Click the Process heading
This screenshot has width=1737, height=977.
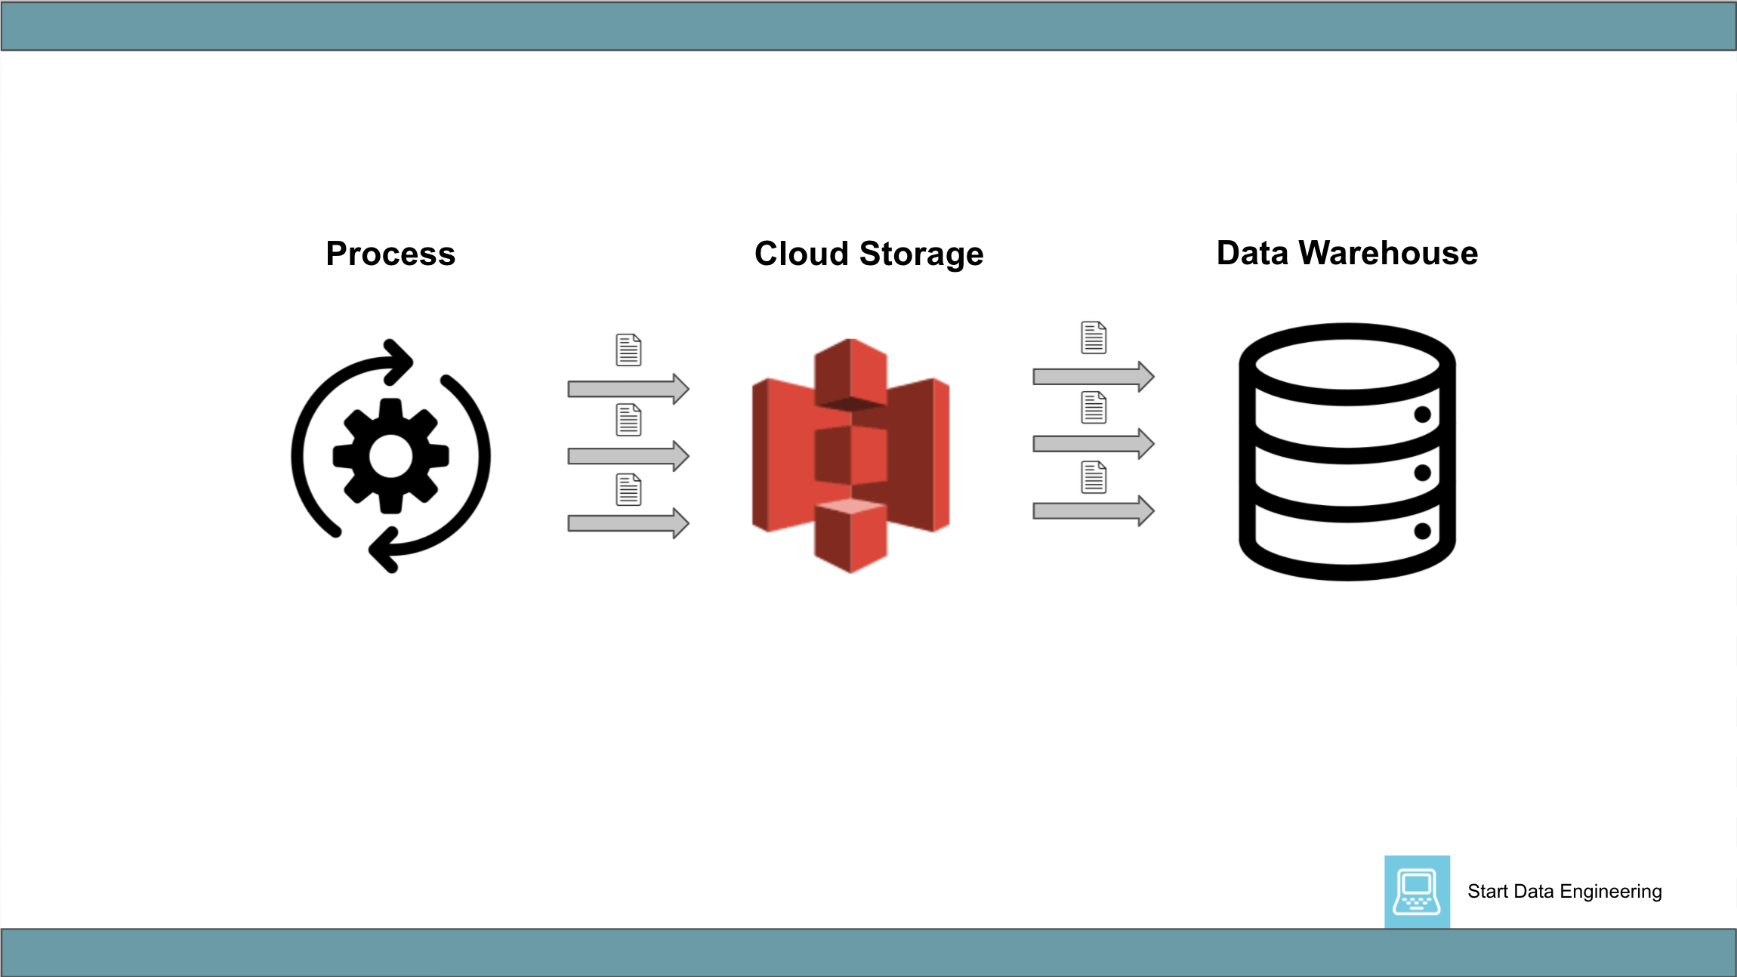pyautogui.click(x=390, y=254)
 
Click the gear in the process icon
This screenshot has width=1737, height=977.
pyautogui.click(x=390, y=456)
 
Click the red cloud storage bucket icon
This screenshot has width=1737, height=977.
pyautogui.click(x=850, y=455)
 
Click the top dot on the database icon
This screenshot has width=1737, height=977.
pyautogui.click(x=1422, y=415)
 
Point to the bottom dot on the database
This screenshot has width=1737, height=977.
pyautogui.click(x=1422, y=531)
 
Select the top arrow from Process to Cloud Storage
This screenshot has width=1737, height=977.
pyautogui.click(x=628, y=389)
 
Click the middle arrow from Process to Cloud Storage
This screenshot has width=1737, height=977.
pyautogui.click(x=628, y=456)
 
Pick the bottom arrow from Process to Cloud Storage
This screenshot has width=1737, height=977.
pyautogui.click(x=628, y=522)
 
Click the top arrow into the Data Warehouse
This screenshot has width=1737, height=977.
pyautogui.click(x=1093, y=376)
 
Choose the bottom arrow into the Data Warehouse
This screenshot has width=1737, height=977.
pyautogui.click(x=1093, y=511)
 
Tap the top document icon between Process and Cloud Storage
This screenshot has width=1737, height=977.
pyautogui.click(x=628, y=350)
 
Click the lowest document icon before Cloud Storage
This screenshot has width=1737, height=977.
pyautogui.click(x=628, y=489)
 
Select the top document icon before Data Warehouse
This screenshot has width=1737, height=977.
pyautogui.click(x=1094, y=337)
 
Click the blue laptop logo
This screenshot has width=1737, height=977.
pyautogui.click(x=1417, y=891)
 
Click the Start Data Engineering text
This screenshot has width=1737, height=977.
pyautogui.click(x=1564, y=892)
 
